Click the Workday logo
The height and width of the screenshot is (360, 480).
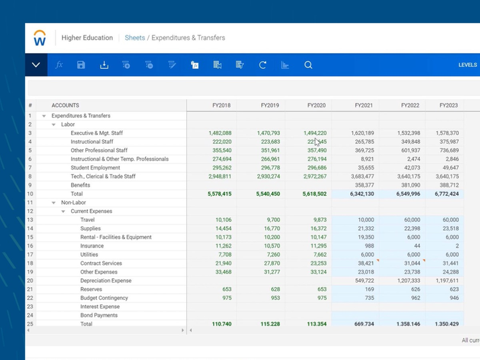(40, 38)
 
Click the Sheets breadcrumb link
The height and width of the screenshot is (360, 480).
(134, 38)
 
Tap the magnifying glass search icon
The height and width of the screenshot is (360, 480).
(308, 65)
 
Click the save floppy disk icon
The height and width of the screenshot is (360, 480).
(81, 65)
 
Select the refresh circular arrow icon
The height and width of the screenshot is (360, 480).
(262, 65)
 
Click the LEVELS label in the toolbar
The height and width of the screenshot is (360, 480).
(467, 65)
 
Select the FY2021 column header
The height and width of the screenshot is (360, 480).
(364, 105)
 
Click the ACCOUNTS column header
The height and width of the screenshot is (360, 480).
(65, 106)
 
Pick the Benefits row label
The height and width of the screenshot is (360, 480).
(80, 185)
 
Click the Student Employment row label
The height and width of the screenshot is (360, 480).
(95, 168)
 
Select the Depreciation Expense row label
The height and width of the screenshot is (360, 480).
(106, 281)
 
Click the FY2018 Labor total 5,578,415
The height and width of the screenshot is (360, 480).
(220, 194)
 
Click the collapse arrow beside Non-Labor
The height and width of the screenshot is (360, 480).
(54, 203)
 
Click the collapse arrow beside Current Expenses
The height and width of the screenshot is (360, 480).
(63, 212)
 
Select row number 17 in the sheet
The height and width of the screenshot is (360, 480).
(30, 254)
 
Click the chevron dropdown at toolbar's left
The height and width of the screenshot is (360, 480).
(36, 65)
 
